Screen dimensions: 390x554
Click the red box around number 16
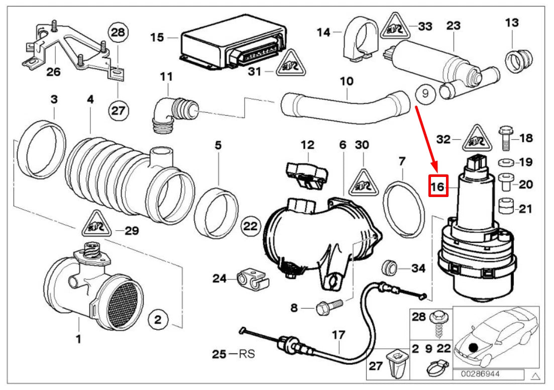(437, 187)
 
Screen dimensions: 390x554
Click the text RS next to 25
(247, 354)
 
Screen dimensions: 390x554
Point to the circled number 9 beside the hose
(425, 93)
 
